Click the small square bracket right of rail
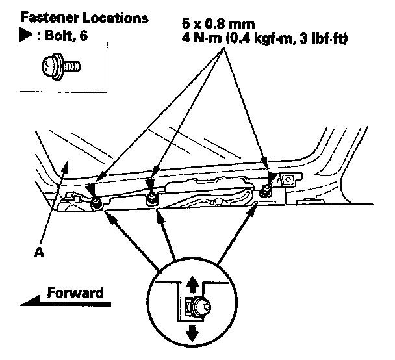[288, 177]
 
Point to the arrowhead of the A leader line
[64, 166]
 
